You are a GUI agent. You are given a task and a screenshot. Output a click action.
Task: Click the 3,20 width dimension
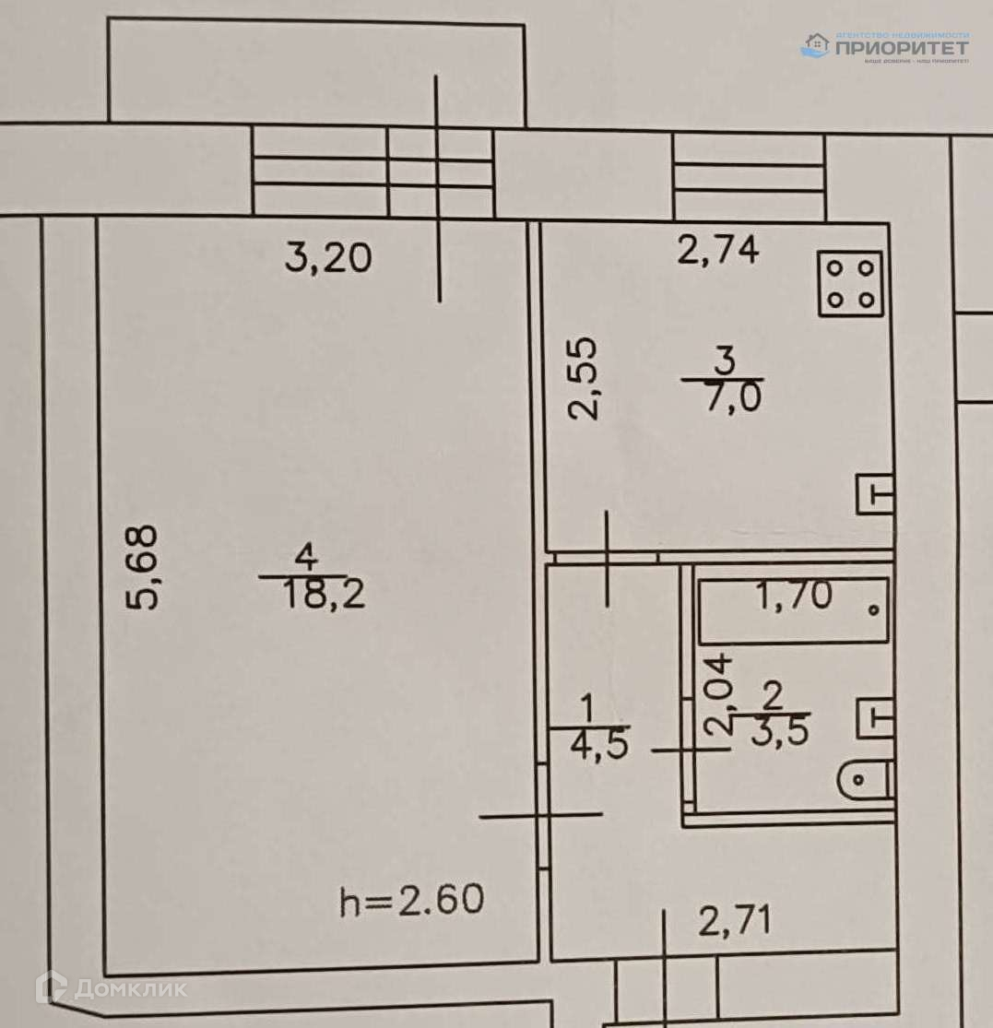[327, 258]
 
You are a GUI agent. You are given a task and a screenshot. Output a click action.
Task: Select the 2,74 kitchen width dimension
[718, 250]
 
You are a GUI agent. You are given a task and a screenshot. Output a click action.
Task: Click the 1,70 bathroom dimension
[794, 597]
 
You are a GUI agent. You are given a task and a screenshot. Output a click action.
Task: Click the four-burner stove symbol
[850, 282]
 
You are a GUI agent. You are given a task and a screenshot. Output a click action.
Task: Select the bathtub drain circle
[873, 609]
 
